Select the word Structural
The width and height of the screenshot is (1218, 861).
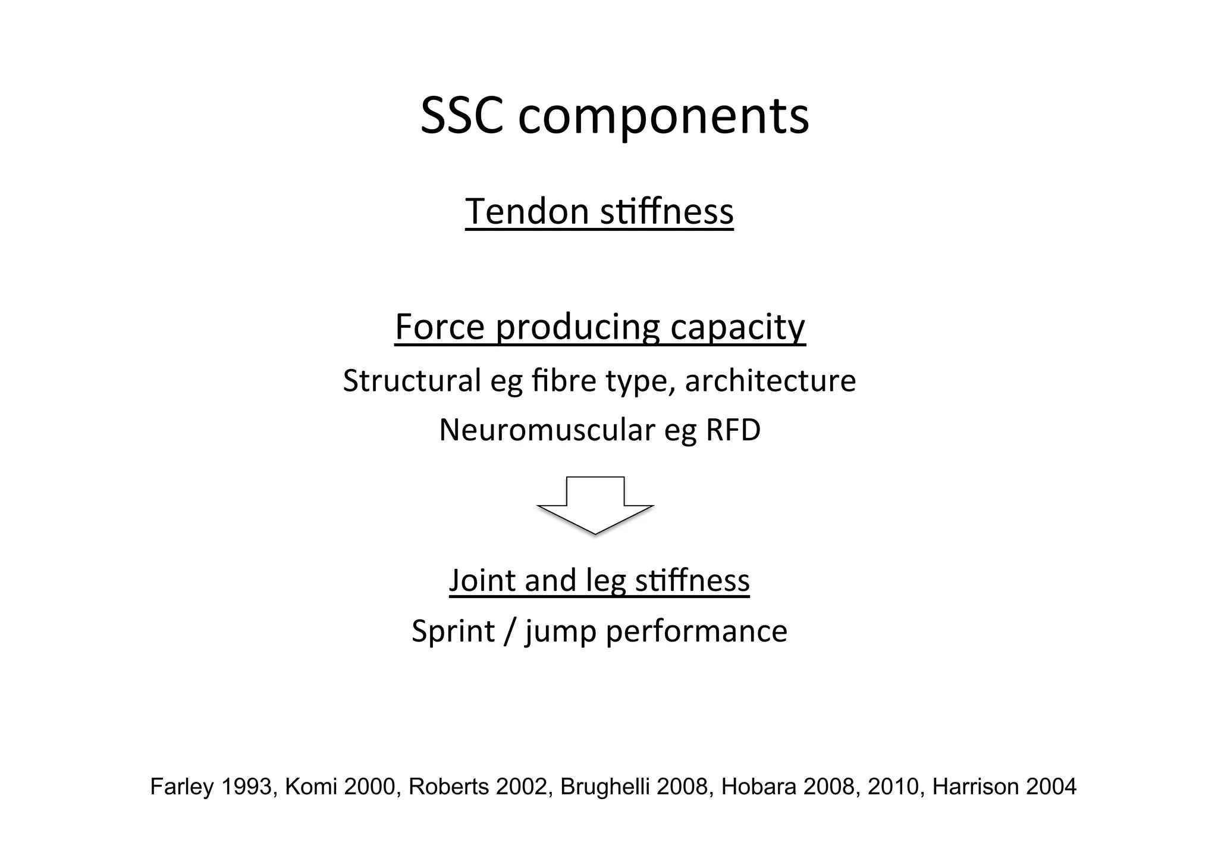pos(412,381)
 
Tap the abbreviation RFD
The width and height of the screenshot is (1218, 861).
pos(733,430)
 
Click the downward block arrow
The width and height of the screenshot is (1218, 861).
pos(595,505)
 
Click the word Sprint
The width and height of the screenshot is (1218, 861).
pos(453,631)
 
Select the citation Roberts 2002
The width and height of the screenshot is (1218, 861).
pos(479,787)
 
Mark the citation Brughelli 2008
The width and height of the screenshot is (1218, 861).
pos(634,787)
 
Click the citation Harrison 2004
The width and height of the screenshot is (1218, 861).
pos(1004,787)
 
